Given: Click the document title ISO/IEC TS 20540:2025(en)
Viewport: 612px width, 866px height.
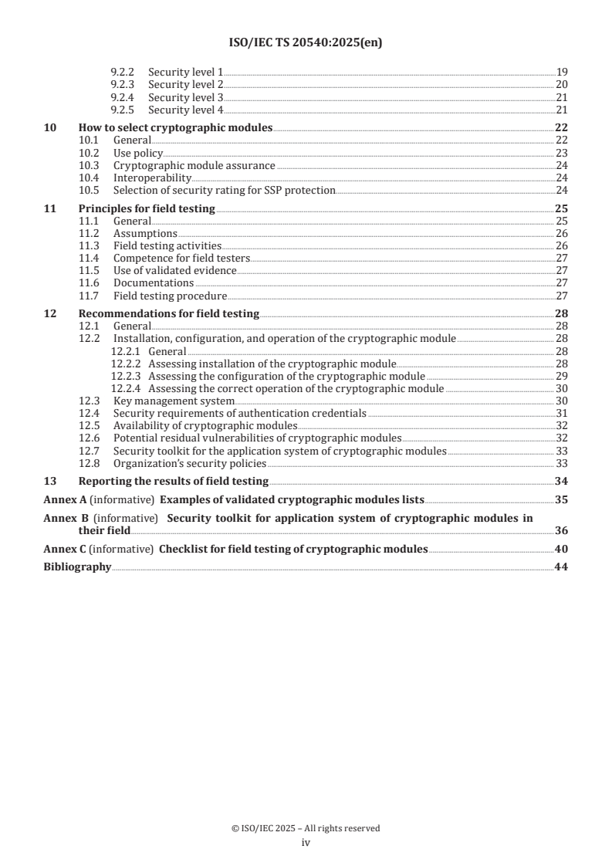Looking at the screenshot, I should (x=306, y=43).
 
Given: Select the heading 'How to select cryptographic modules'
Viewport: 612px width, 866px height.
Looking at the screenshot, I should (x=176, y=127).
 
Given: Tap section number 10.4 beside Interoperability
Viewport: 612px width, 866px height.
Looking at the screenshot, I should (x=90, y=178).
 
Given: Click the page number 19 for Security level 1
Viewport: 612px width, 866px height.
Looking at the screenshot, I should (x=562, y=71).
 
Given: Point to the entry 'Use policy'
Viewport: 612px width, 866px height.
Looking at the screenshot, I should (x=138, y=153).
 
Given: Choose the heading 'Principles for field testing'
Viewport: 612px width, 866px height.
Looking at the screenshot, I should (x=147, y=208).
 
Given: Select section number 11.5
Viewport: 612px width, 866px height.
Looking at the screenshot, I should (x=90, y=271).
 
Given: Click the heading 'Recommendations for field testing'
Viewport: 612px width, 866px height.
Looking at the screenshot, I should (x=169, y=313).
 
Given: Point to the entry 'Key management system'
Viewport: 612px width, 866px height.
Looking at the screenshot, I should (x=174, y=401).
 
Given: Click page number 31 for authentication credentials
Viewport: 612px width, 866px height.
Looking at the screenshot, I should (x=562, y=414).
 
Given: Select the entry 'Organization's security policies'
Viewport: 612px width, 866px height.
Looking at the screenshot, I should (x=190, y=463).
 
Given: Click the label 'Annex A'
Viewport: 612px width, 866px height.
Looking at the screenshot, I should (x=65, y=499).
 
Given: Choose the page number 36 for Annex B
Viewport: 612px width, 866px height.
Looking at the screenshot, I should (x=562, y=531).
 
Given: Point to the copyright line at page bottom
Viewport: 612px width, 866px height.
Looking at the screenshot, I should (x=306, y=828).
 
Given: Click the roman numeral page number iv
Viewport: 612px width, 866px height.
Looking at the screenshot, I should (x=306, y=843).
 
